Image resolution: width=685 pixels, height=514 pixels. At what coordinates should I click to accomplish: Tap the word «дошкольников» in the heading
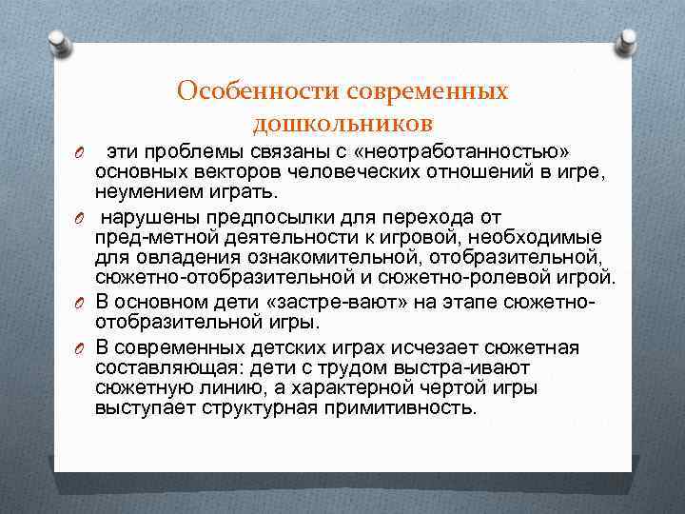(x=342, y=123)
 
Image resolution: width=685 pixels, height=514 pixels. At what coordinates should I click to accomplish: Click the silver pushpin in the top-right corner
(x=627, y=41)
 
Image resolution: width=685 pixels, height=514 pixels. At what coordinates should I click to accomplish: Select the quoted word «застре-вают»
(x=334, y=301)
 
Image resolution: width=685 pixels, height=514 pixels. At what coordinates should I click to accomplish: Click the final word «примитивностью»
(x=401, y=407)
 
